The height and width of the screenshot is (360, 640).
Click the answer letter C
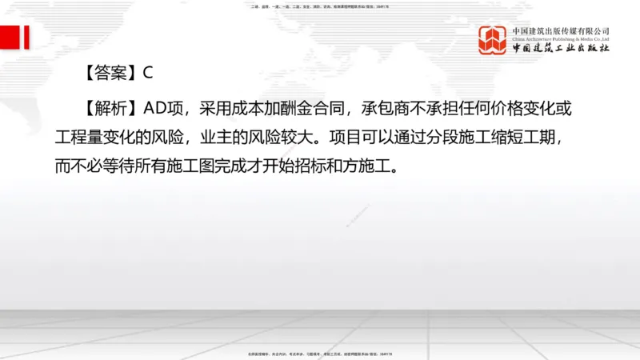pyautogui.click(x=147, y=73)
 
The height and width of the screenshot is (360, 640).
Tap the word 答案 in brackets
pyautogui.click(x=110, y=73)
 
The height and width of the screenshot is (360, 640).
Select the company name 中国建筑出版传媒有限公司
pyautogui.click(x=561, y=30)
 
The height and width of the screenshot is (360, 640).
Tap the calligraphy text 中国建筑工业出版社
pyautogui.click(x=561, y=49)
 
